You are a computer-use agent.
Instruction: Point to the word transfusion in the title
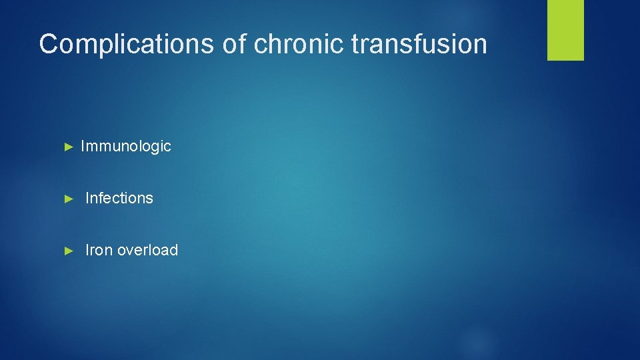pos(419,44)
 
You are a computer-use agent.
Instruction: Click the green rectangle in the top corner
pos(565,30)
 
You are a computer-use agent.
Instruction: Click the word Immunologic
pos(125,146)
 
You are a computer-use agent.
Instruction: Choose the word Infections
pos(119,198)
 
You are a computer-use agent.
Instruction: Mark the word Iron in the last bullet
pos(99,250)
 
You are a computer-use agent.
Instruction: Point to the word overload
pos(147,250)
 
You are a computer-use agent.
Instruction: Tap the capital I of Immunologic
pos(83,146)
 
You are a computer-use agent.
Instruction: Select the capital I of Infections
pos(88,198)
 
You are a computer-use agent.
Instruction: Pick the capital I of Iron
pos(88,250)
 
